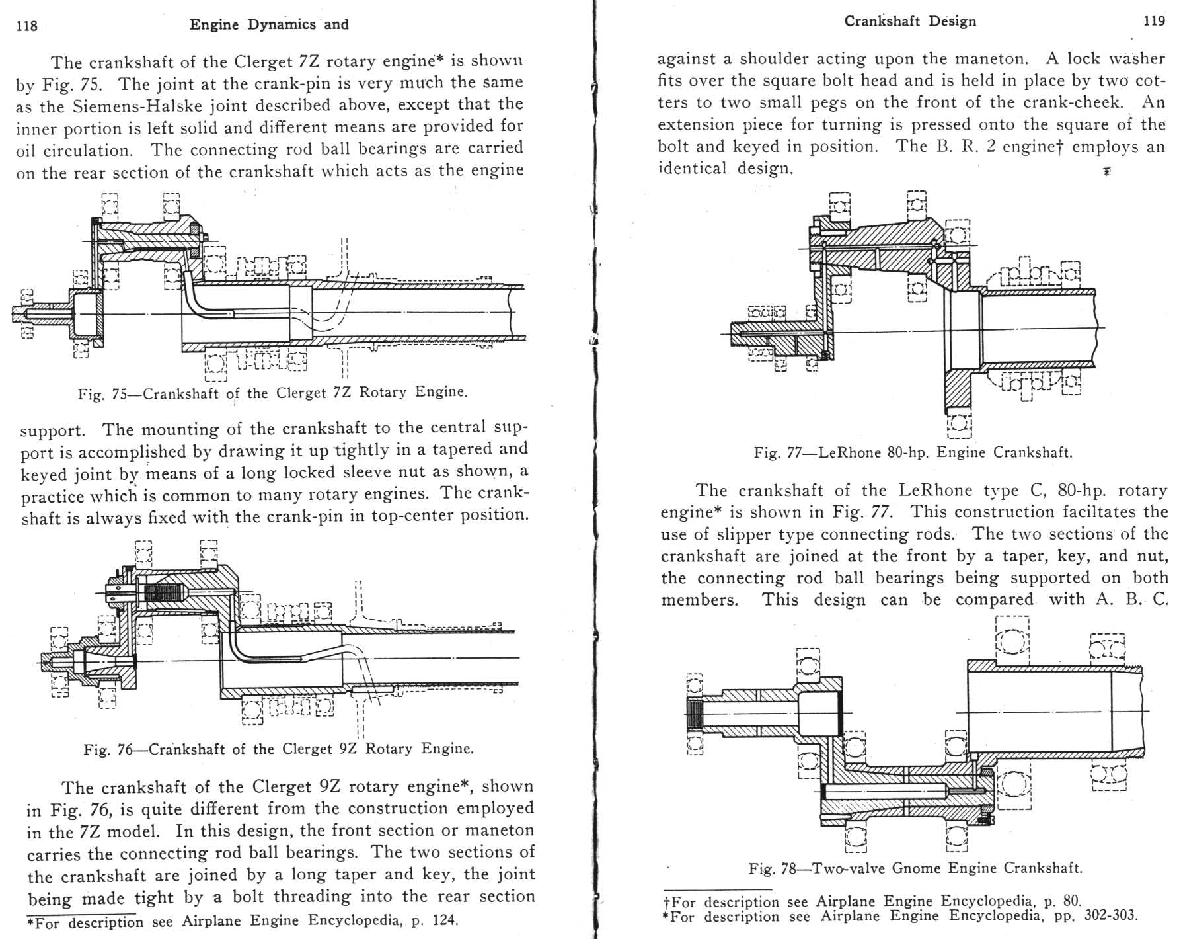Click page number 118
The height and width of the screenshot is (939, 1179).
coord(27,26)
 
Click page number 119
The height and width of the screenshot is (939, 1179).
coord(1154,21)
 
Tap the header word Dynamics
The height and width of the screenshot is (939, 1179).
coord(282,24)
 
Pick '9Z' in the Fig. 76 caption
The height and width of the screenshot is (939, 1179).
coord(349,749)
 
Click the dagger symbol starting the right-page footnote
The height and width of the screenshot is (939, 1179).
coord(667,901)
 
